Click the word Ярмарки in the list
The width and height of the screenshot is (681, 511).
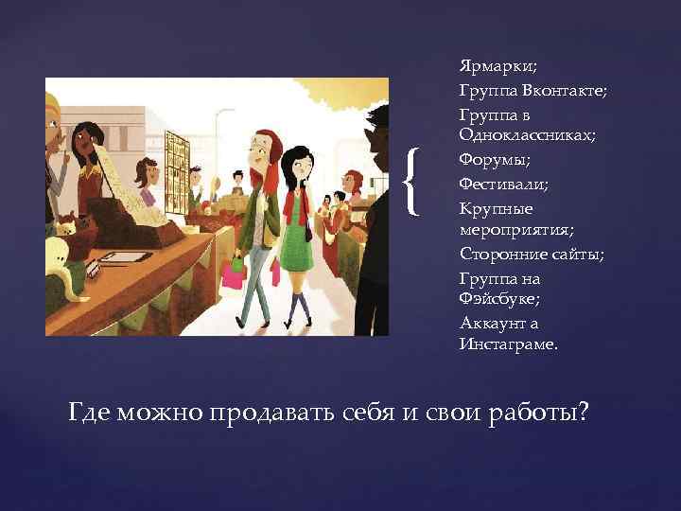(x=488, y=67)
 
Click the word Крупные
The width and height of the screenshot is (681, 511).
(x=496, y=206)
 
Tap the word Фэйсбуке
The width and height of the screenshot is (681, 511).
(x=499, y=298)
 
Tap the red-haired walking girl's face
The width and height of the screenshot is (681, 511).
(x=256, y=148)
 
